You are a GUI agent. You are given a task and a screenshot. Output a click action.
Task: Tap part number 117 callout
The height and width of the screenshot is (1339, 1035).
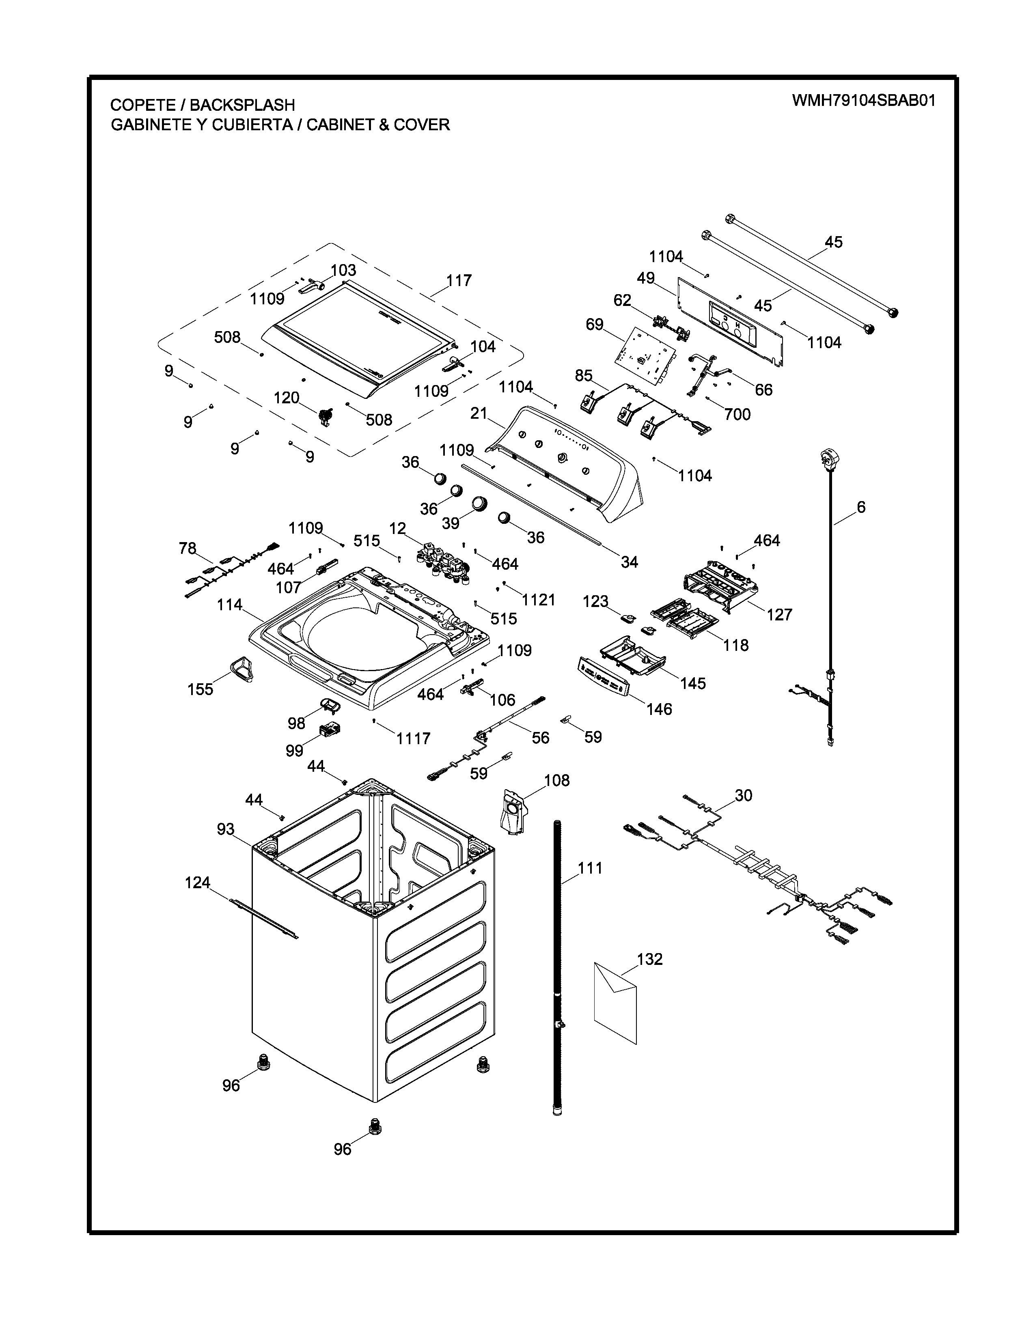(x=459, y=280)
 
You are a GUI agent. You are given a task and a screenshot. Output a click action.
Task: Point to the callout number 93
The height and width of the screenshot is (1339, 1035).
(x=226, y=829)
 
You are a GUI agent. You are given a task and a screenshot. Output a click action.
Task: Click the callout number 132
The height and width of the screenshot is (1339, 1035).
(x=650, y=958)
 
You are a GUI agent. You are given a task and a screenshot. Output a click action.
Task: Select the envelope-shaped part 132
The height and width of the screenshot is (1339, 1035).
(x=616, y=1002)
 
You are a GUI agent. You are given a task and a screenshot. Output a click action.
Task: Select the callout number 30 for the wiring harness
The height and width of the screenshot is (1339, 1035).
(x=743, y=795)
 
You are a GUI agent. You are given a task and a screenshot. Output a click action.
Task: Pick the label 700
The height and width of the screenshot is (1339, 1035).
(x=737, y=414)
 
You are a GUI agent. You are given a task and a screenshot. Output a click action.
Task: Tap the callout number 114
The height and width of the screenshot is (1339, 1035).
(x=229, y=605)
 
